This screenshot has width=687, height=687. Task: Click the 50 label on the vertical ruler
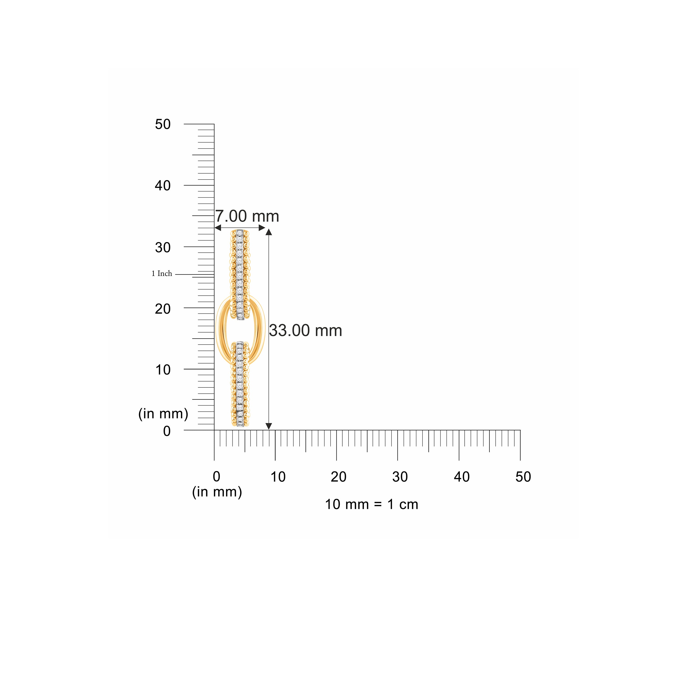[x=163, y=124]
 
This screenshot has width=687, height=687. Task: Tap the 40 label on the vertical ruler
[x=163, y=186]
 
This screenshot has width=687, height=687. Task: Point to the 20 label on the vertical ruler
[x=163, y=309]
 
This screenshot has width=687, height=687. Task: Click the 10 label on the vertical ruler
[x=163, y=370]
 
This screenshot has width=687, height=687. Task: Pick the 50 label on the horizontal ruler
[x=523, y=477]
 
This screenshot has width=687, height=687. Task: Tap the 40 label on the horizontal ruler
[x=462, y=477]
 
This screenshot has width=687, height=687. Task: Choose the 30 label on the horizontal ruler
[x=400, y=477]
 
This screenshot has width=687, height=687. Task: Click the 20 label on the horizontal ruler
[x=338, y=477]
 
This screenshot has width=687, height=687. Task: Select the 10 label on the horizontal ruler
[x=278, y=477]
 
